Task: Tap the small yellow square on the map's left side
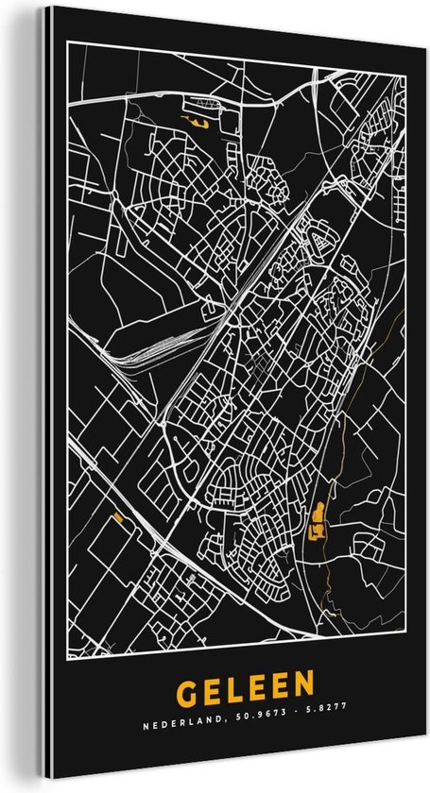point(118,516)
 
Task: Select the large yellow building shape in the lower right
point(318,518)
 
